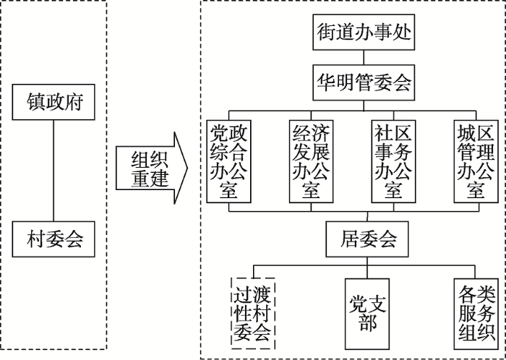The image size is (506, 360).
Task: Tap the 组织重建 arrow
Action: (150, 169)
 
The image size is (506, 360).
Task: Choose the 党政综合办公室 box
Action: (228, 160)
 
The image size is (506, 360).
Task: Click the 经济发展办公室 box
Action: (311, 160)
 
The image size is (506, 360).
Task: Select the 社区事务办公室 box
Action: (393, 160)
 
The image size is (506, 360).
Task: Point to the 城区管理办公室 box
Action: (476, 160)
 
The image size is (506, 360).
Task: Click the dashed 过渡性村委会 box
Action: (252, 313)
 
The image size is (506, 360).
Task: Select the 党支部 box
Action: (366, 313)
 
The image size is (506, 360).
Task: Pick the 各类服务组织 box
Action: (476, 313)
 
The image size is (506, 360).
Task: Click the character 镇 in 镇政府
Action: (36, 101)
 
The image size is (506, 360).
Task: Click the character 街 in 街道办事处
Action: (327, 33)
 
